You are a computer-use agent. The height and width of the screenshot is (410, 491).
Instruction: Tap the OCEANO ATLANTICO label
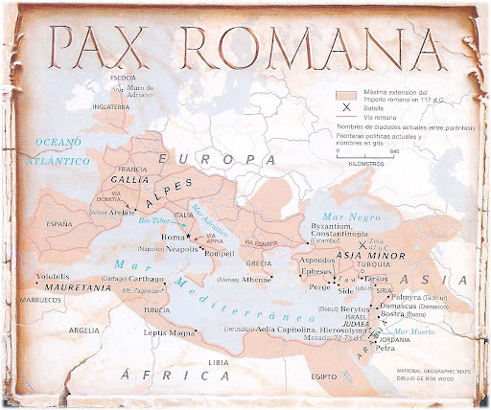tap(59, 151)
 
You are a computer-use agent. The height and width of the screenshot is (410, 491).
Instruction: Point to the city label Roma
tap(171, 237)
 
